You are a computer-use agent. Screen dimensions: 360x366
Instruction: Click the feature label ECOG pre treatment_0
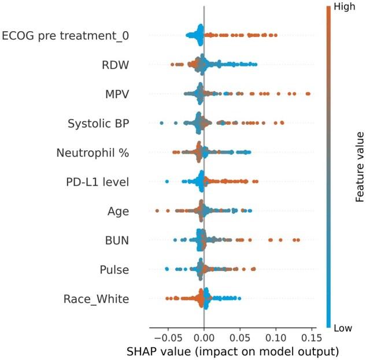65,36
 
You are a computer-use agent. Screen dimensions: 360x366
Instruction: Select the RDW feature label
116,65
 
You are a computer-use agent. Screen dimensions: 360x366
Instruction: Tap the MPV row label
115,94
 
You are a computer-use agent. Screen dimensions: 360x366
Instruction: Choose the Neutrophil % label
93,153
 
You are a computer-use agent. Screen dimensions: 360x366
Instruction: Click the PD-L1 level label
97,182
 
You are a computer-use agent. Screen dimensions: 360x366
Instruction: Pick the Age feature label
118,211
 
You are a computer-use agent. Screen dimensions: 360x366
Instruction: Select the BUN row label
116,240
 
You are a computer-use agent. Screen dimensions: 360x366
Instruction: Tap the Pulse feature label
114,269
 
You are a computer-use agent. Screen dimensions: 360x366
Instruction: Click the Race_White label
96,299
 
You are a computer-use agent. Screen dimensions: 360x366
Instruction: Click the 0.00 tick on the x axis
204,336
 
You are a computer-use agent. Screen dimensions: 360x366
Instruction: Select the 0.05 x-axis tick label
240,336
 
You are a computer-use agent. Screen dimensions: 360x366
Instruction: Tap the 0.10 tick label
276,336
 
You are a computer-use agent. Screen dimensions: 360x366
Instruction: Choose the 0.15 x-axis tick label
312,336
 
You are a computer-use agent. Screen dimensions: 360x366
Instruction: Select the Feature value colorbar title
360,166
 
